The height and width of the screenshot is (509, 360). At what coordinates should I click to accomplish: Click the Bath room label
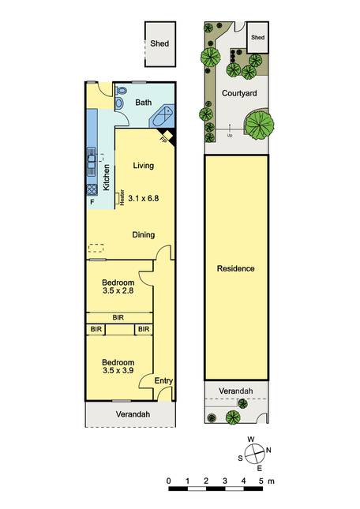click(143, 103)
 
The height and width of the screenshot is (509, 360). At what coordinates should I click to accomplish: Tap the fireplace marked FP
click(167, 137)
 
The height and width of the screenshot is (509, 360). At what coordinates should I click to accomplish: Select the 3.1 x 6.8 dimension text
click(144, 198)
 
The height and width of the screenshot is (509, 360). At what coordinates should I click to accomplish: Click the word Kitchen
click(106, 178)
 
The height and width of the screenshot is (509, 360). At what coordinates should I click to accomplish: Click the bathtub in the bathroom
click(162, 116)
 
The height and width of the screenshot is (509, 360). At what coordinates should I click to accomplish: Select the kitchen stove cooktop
click(92, 189)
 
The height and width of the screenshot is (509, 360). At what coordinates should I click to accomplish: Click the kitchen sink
click(92, 162)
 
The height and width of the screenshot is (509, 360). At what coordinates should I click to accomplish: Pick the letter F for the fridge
click(92, 202)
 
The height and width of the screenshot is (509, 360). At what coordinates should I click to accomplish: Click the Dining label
click(144, 234)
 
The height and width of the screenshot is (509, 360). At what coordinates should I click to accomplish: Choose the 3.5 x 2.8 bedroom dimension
click(118, 290)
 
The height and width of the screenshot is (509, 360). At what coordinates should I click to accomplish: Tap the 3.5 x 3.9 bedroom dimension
click(118, 370)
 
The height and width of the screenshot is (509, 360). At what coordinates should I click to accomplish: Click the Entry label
click(163, 381)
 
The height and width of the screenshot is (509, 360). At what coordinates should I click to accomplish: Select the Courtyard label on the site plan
click(239, 93)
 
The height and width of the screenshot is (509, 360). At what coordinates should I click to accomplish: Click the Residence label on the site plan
click(236, 268)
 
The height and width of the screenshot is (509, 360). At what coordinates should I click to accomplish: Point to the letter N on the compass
click(268, 451)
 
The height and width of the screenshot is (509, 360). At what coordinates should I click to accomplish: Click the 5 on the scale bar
click(261, 481)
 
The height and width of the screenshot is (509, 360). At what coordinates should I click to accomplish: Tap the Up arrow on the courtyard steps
click(230, 129)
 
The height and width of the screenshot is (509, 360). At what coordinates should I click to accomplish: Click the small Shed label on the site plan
click(257, 37)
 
